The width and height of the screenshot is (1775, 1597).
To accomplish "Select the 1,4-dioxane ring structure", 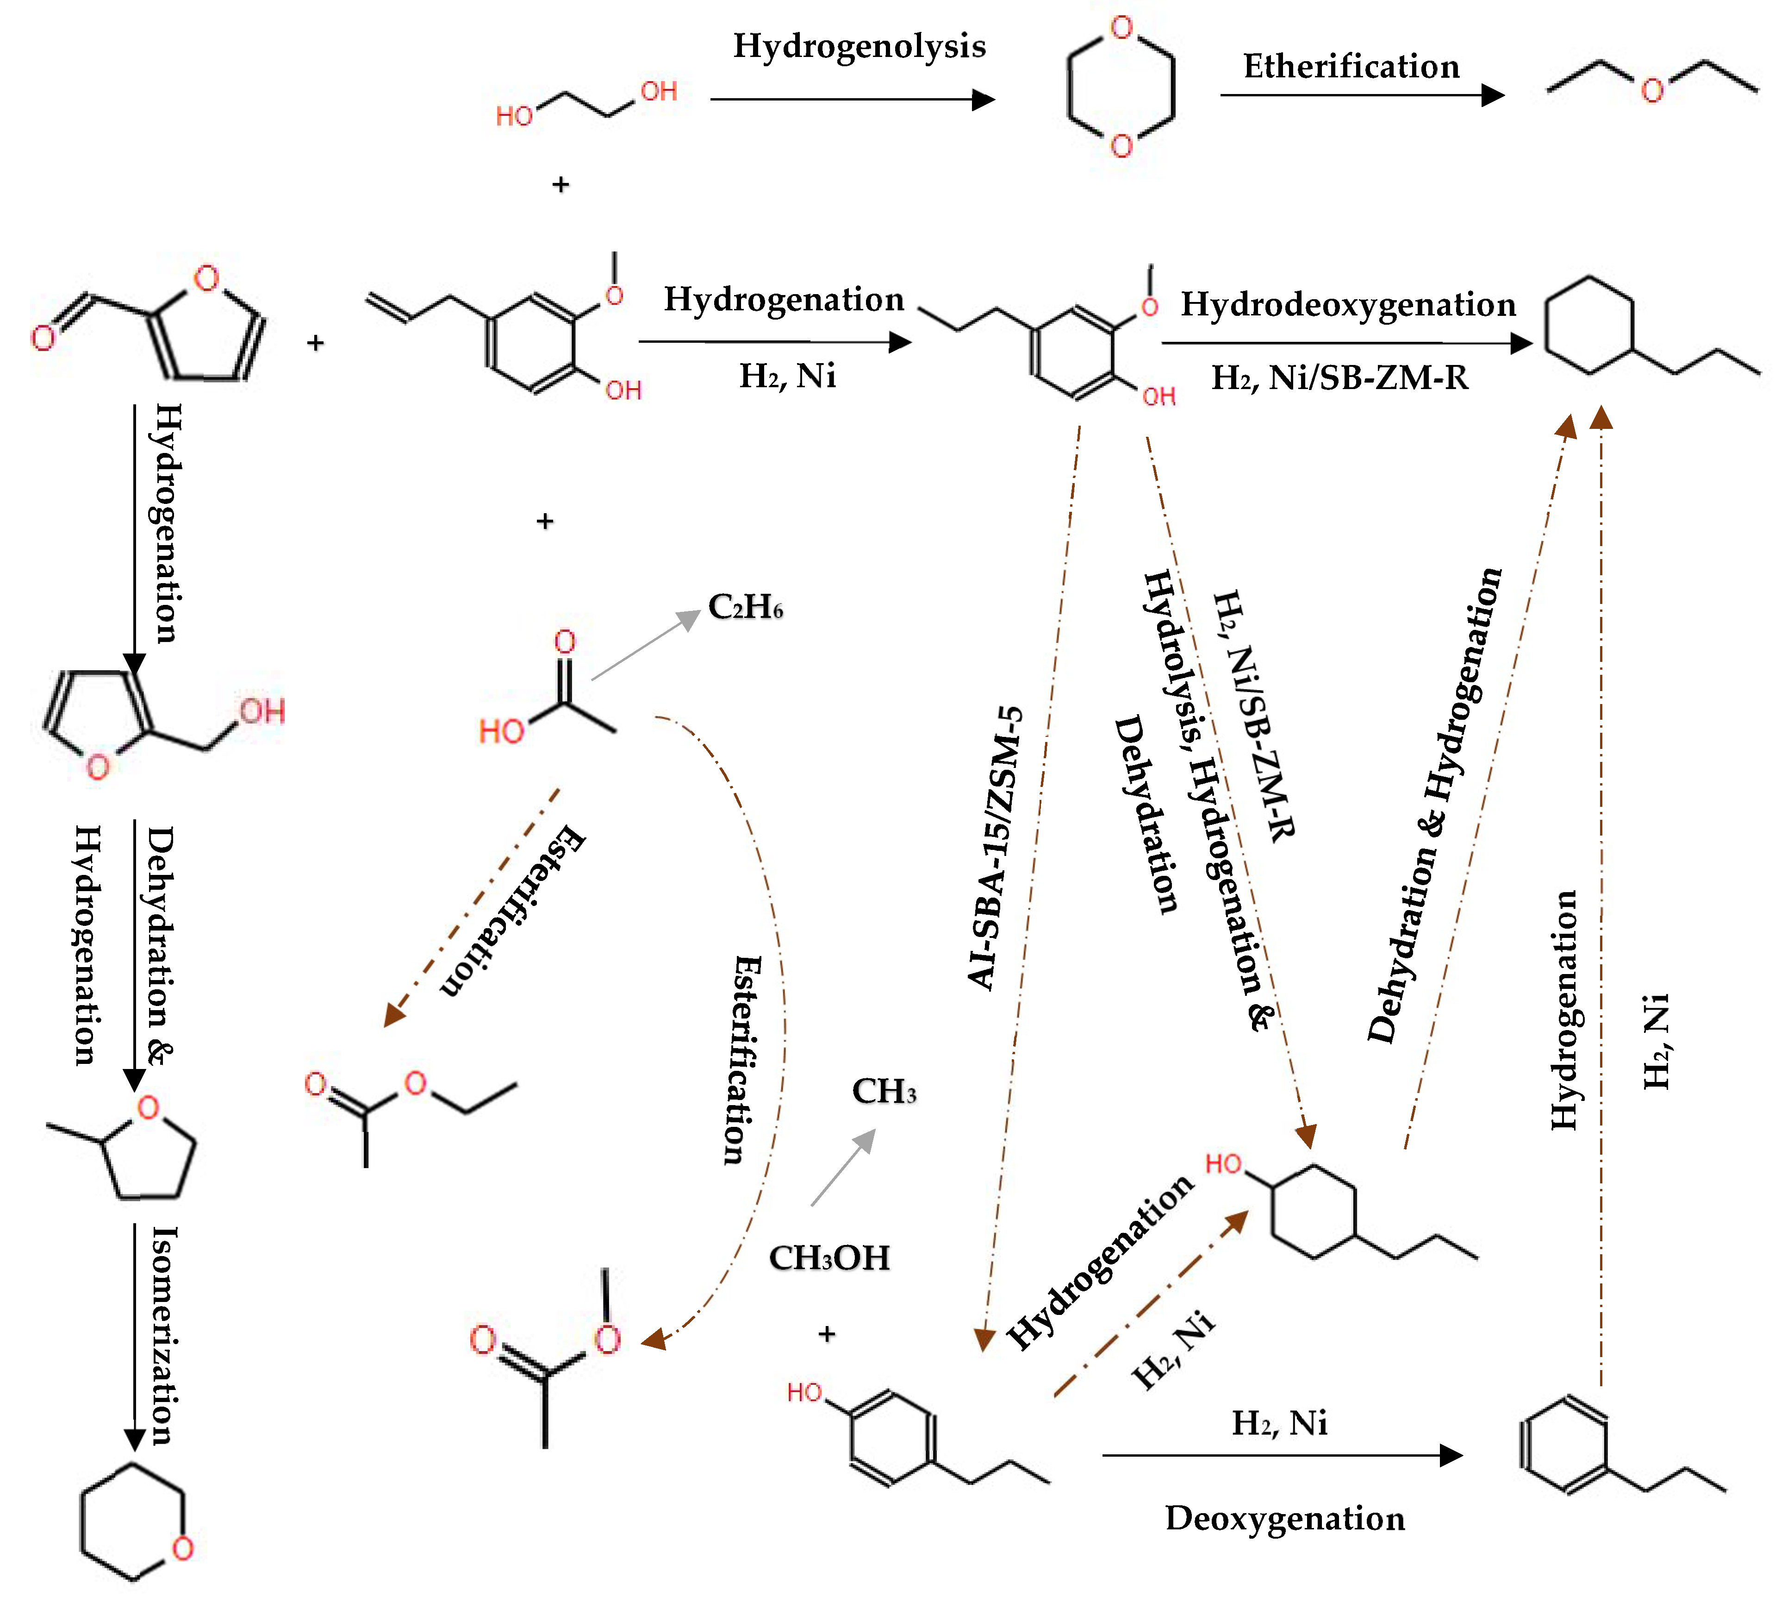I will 1121,87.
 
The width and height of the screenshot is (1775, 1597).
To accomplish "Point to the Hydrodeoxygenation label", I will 1348,304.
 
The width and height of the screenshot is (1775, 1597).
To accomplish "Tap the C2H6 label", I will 745,607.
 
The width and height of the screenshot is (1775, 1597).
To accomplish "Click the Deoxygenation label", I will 1284,1518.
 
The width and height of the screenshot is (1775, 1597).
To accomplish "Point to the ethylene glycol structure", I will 586,104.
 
